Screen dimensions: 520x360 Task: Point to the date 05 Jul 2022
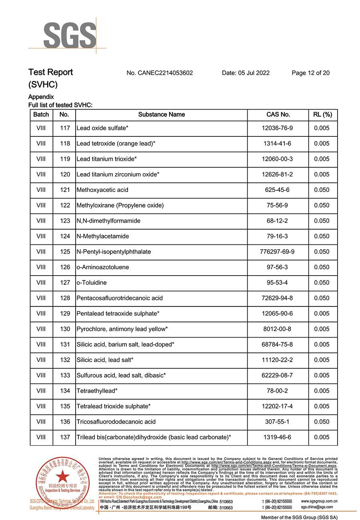[x=246, y=73]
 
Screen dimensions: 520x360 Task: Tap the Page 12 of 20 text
[x=311, y=73]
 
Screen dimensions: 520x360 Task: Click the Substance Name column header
[x=161, y=114]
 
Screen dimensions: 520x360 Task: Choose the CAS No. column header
[x=278, y=114]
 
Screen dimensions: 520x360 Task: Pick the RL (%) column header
[x=322, y=114]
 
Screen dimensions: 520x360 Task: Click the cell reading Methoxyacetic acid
[x=102, y=190]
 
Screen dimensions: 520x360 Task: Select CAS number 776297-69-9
[x=277, y=252]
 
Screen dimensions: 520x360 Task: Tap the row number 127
[x=65, y=283]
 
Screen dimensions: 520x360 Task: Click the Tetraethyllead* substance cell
[x=97, y=391]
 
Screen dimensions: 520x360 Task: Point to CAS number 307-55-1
[x=277, y=422]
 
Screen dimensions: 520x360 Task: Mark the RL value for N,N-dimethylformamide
[x=322, y=221]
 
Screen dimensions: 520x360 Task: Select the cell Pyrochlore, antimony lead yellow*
[x=122, y=329]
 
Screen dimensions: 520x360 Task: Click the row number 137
[x=65, y=438]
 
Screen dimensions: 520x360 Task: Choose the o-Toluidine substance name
[x=92, y=283]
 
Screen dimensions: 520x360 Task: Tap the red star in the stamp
[x=62, y=476]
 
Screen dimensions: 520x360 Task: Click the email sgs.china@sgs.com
[x=317, y=507]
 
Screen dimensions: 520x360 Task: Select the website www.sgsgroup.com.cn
[x=319, y=501]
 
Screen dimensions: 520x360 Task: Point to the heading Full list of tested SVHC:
[x=60, y=105]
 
